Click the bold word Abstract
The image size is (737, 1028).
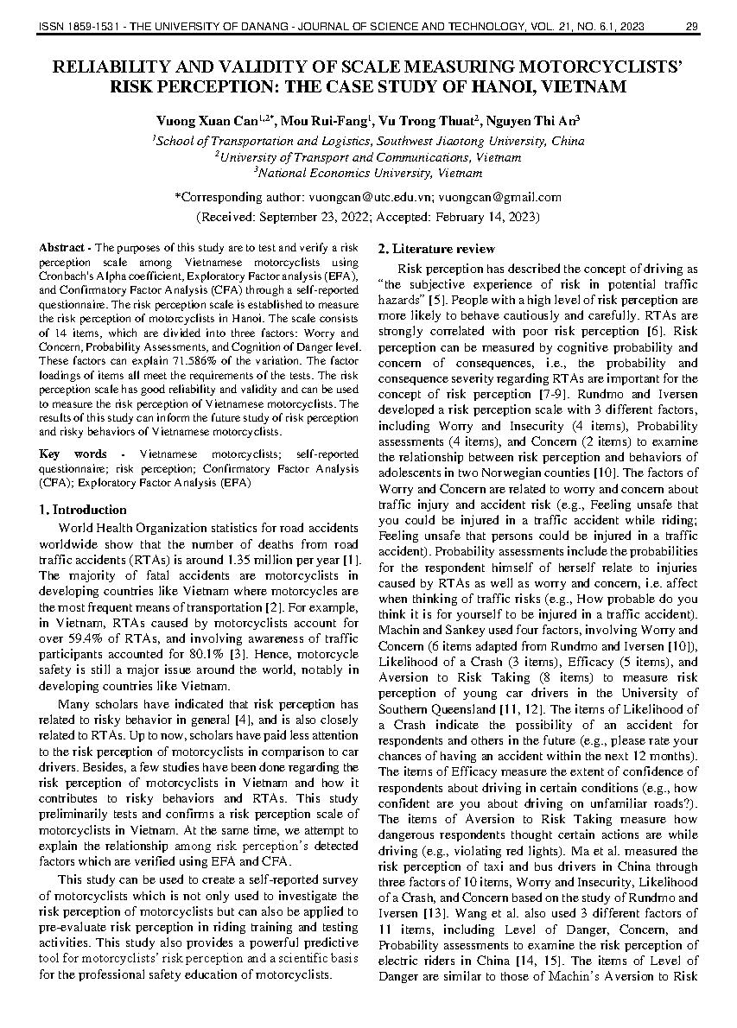coord(60,248)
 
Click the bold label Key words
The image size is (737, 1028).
coord(73,454)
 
